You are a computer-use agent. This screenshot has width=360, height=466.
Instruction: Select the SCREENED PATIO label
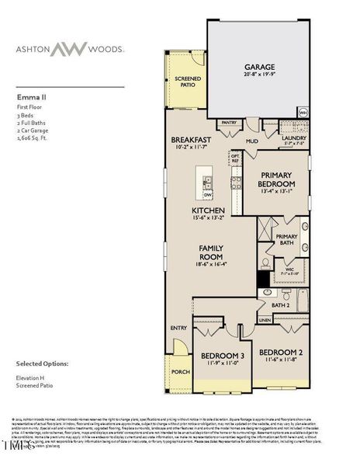(187, 82)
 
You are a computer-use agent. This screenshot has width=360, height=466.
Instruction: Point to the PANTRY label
(229, 123)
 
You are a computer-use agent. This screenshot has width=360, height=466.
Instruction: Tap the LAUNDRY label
(293, 137)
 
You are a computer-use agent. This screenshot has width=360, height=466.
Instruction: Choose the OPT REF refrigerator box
(235, 159)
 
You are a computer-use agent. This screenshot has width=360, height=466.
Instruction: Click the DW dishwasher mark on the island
(208, 195)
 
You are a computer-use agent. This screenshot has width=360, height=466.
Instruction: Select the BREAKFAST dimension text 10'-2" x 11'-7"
(191, 146)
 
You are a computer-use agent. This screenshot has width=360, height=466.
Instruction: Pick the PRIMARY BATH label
(286, 240)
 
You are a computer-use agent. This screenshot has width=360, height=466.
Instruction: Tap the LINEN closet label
(265, 319)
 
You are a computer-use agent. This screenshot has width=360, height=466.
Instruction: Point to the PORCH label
(181, 370)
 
